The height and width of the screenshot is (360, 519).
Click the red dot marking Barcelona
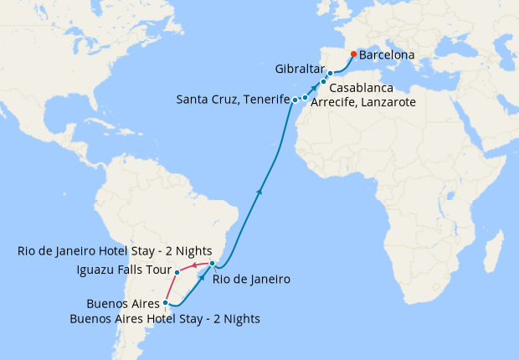tap(353, 54)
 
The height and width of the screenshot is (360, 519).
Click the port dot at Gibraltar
tap(331, 74)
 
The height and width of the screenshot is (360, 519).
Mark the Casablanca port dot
tap(323, 82)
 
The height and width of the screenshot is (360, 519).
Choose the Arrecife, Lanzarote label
tap(362, 101)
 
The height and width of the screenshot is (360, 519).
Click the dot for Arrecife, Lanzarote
tap(305, 98)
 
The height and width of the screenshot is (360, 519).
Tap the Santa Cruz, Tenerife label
tap(233, 100)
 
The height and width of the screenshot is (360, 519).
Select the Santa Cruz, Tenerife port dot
tap(295, 100)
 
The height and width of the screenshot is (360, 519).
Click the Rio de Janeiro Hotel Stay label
tap(110, 251)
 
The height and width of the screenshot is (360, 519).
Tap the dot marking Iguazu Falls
tap(177, 272)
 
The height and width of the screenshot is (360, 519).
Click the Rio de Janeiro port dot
tap(213, 264)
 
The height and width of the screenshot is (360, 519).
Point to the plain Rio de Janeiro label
tap(251, 280)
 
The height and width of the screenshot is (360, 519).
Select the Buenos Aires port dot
tap(167, 302)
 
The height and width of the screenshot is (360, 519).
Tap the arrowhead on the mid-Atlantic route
tap(259, 192)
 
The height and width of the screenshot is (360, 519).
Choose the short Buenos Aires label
tap(122, 303)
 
